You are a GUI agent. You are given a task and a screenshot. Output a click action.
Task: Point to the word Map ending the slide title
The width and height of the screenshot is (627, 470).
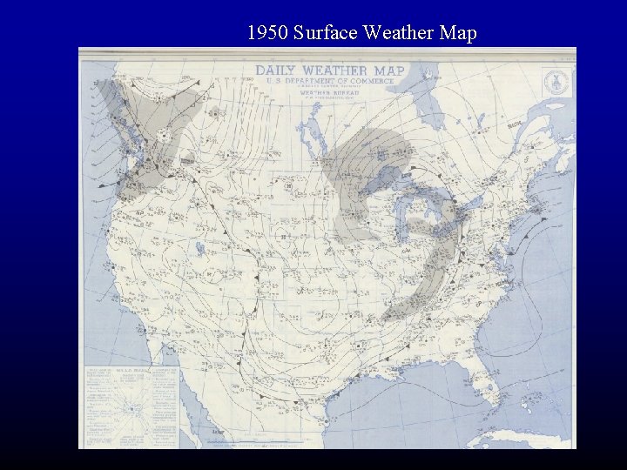460,34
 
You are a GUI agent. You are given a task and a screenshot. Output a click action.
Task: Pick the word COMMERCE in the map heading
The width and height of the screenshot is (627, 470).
372,81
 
